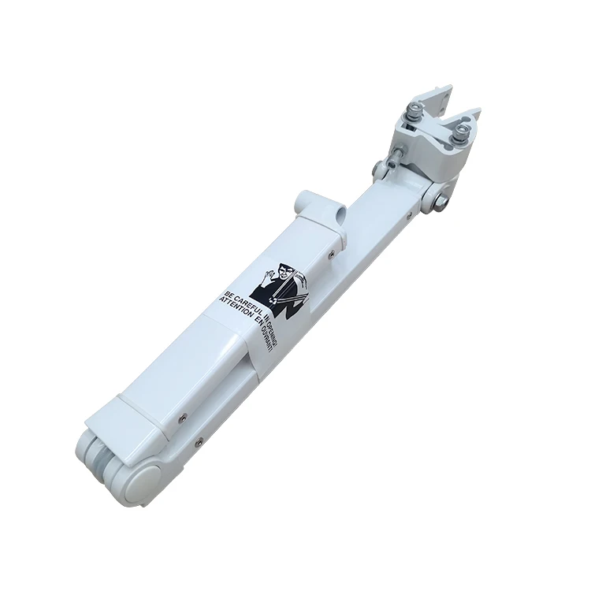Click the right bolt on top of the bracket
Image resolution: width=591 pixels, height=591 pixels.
[462, 131]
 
